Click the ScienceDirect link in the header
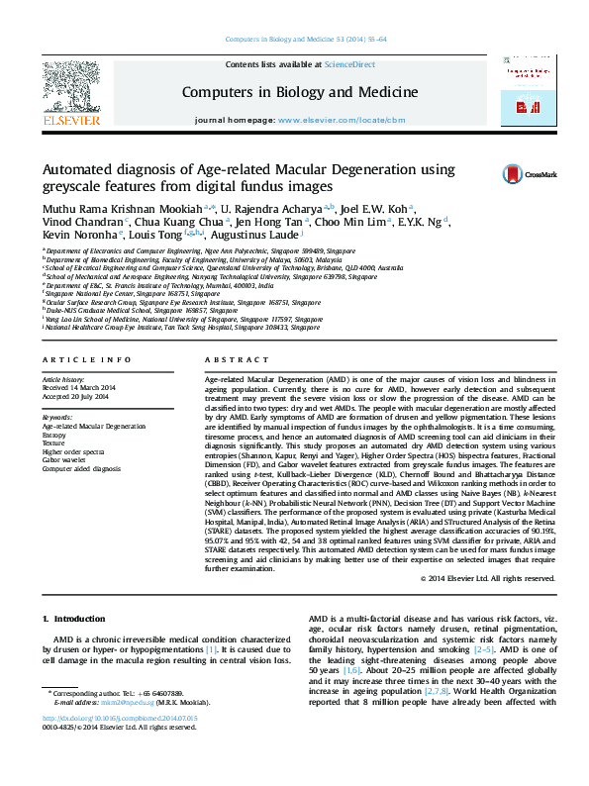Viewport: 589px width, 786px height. point(350,63)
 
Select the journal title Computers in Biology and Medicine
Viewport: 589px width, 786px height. point(299,92)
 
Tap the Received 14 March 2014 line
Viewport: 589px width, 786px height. point(78,387)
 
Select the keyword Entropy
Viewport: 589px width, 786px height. point(55,434)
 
